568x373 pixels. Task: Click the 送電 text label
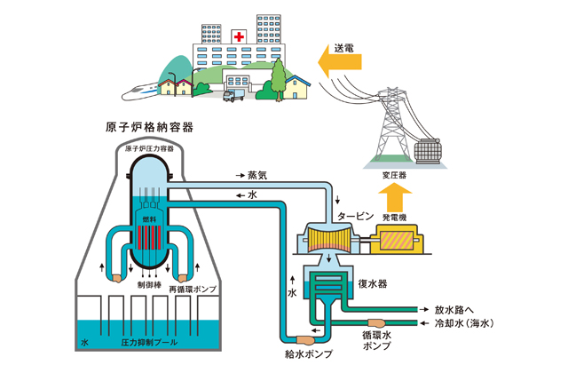point(346,44)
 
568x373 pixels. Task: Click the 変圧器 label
point(397,174)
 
